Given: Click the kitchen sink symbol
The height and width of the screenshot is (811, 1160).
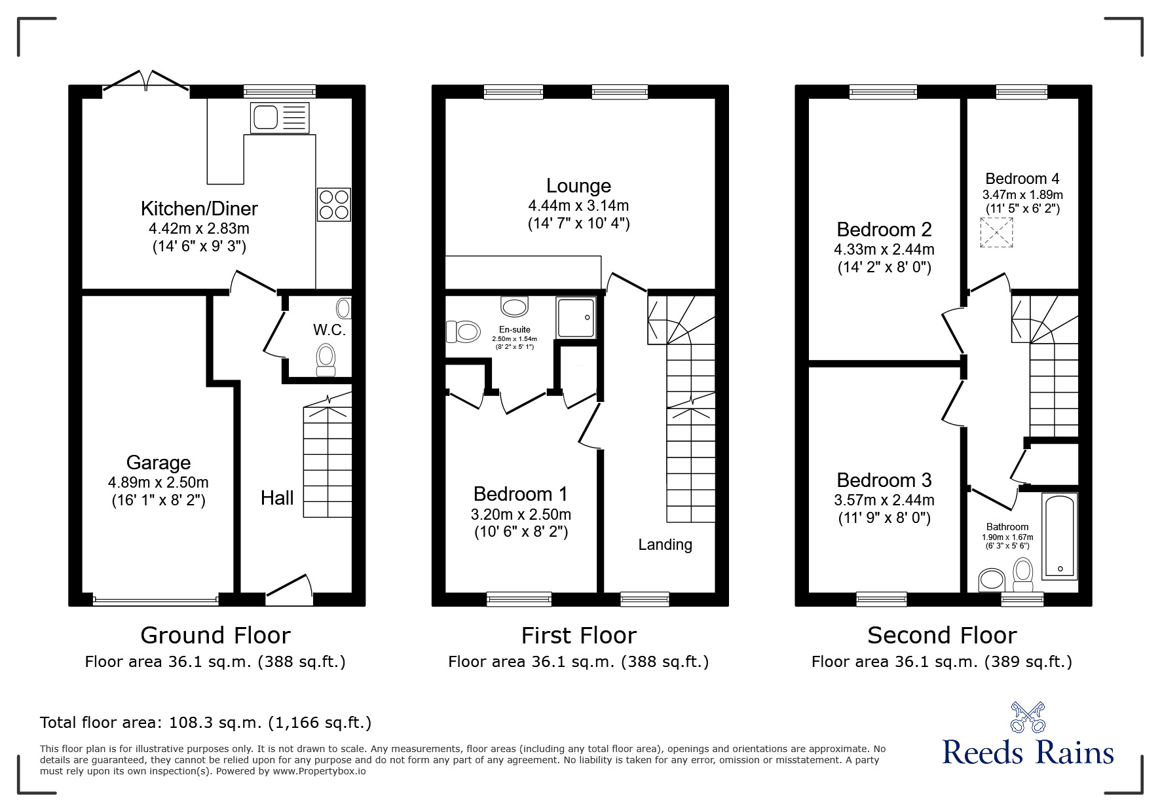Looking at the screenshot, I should point(279,118).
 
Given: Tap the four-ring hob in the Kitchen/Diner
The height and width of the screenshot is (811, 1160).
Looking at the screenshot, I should point(334,204).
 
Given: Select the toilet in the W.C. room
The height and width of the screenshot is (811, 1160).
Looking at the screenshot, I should point(326,360).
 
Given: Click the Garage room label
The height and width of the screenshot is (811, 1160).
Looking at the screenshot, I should point(159,463).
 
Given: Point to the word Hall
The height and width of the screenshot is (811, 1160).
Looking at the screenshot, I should point(277,498).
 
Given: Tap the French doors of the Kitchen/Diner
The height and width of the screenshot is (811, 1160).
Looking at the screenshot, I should point(146,81).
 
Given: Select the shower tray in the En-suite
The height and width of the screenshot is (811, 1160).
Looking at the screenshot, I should point(576,318).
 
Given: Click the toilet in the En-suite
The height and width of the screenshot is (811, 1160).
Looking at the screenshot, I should point(463,331).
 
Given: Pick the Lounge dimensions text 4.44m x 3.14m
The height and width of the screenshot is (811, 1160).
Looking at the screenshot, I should point(578,206).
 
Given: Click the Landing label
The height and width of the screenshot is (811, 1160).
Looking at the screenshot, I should point(665,545).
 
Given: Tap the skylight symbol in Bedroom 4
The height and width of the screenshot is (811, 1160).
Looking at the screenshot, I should point(996,233).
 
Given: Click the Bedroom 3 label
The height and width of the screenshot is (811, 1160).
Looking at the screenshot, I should point(884,480).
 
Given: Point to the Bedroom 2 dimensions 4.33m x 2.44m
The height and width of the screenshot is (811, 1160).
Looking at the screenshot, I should point(884,249).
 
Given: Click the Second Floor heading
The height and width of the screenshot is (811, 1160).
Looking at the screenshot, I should point(942,636).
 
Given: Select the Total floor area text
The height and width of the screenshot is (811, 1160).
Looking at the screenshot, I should point(206,723).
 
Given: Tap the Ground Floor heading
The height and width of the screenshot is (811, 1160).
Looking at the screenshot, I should point(215,636).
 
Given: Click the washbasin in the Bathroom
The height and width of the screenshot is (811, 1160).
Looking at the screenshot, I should point(992,579).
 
